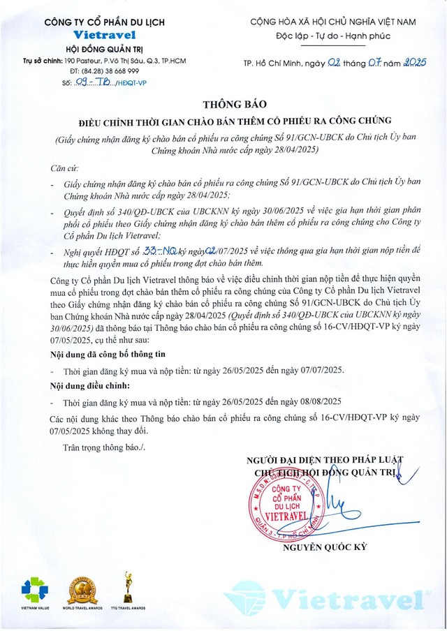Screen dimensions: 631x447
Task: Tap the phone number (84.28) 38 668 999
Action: (105, 71)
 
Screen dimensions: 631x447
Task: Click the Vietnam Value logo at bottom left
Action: (35, 591)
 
